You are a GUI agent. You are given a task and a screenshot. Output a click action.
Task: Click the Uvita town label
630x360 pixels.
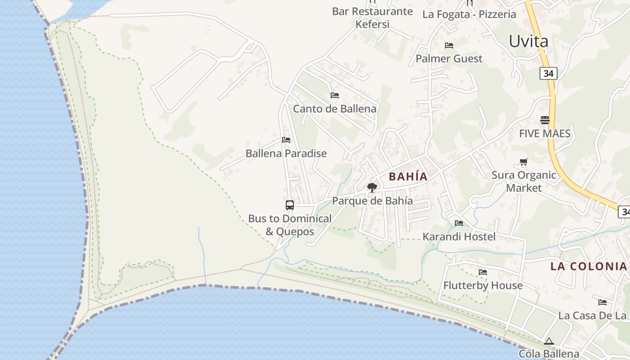pyautogui.click(x=528, y=41)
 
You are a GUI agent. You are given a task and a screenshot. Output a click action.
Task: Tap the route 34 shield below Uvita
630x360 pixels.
pyautogui.click(x=548, y=73)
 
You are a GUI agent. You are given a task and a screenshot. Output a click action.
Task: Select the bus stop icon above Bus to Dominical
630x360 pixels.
pyautogui.click(x=290, y=205)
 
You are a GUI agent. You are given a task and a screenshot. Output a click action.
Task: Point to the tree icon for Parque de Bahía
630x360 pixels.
pyautogui.click(x=372, y=187)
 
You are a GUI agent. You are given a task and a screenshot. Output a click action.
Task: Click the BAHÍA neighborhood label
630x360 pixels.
pyautogui.click(x=408, y=176)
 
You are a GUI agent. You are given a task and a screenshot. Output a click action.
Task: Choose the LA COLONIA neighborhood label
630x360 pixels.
pyautogui.click(x=588, y=266)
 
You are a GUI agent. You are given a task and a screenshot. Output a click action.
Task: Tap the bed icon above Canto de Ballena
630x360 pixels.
pyautogui.click(x=334, y=95)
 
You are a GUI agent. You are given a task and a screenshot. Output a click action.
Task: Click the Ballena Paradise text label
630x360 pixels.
pyautogui.click(x=286, y=153)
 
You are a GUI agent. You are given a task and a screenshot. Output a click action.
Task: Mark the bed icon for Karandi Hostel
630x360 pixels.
pyautogui.click(x=459, y=223)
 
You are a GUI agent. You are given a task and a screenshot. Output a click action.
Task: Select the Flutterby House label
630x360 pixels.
pyautogui.click(x=483, y=285)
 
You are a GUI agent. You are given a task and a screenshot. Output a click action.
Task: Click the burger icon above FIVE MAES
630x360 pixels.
pyautogui.click(x=544, y=120)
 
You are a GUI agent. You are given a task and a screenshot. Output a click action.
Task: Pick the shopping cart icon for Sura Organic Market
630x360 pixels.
pyautogui.click(x=523, y=162)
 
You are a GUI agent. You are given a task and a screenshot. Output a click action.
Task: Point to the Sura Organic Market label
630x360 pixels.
pyautogui.click(x=524, y=181)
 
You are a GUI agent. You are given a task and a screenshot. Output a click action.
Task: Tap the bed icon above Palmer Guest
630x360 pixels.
pyautogui.click(x=449, y=45)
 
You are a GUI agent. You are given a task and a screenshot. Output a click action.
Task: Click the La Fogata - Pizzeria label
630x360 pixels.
pyautogui.click(x=469, y=14)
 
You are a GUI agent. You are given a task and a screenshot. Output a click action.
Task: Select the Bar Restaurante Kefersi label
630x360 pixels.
pyautogui.click(x=372, y=18)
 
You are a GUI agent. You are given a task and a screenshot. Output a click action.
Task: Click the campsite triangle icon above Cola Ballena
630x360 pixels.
pyautogui.click(x=548, y=342)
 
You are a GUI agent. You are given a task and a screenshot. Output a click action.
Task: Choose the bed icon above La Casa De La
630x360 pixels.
pyautogui.click(x=602, y=302)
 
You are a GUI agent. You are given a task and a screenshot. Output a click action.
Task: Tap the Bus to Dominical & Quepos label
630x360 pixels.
pyautogui.click(x=290, y=225)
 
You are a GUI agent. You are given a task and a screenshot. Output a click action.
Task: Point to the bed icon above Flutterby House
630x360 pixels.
pyautogui.click(x=483, y=272)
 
